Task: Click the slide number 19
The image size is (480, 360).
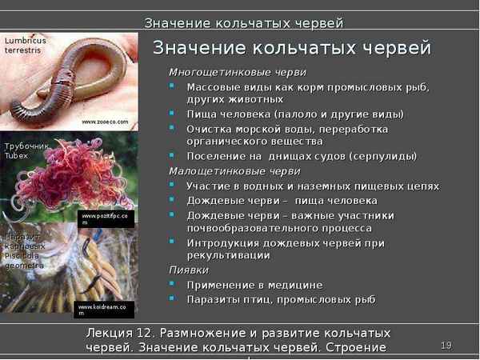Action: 446,345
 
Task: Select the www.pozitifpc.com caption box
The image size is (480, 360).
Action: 104,218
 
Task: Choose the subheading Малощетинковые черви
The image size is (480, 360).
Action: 223,171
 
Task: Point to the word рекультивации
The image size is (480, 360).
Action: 228,255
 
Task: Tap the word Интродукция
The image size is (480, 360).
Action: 222,242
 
